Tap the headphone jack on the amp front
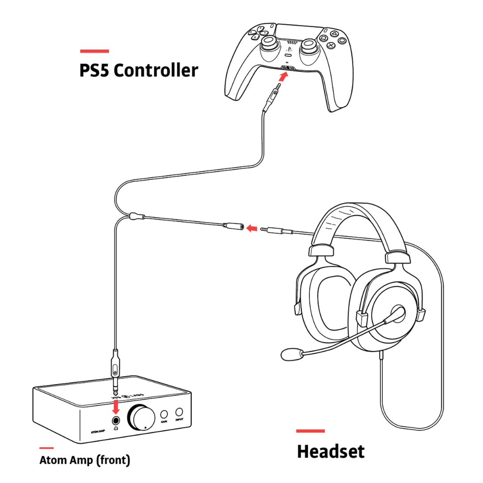(116, 420)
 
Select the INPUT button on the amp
(179, 412)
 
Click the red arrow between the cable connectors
(253, 229)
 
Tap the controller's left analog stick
(269, 45)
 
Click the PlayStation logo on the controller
(288, 46)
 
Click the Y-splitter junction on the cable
(136, 217)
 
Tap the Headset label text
(330, 452)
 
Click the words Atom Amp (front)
(85, 460)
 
